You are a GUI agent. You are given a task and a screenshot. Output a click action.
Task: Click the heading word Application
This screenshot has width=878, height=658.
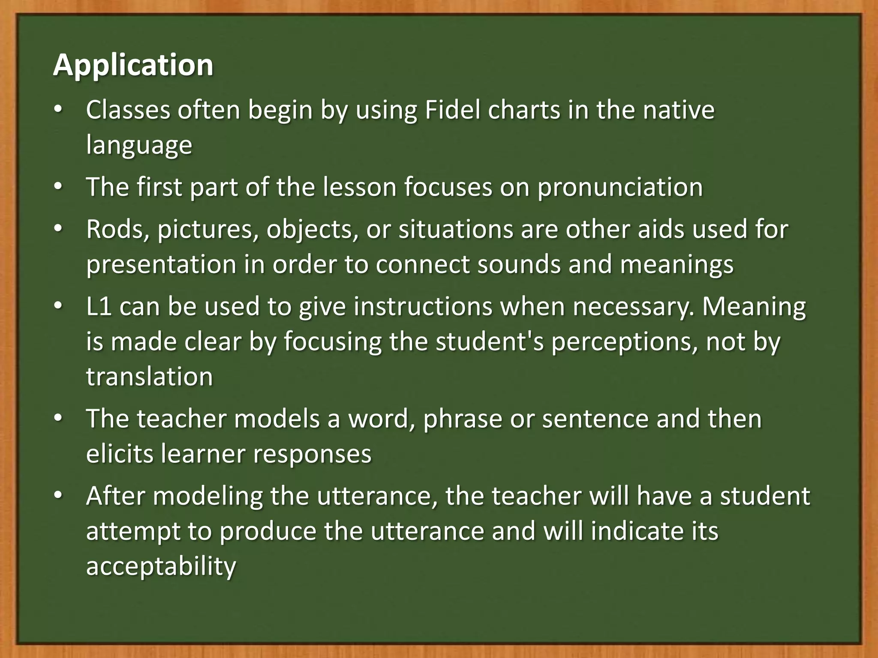click(133, 66)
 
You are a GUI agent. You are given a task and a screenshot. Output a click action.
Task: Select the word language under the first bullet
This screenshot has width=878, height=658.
click(139, 146)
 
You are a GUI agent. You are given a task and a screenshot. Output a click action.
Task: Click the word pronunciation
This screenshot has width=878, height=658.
click(620, 187)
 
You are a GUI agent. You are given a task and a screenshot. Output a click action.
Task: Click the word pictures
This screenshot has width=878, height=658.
click(208, 230)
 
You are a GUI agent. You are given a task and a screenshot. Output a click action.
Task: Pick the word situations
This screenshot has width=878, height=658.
click(456, 229)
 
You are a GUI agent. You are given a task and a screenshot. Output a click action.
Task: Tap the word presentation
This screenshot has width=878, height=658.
click(161, 264)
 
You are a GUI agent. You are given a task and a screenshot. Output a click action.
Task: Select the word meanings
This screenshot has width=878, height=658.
click(677, 265)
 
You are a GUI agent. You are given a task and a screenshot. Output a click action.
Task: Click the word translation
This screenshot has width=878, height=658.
click(149, 377)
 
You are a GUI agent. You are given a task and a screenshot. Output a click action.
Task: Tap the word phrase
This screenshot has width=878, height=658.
click(462, 419)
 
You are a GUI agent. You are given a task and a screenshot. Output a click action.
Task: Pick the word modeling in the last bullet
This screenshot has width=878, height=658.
click(207, 496)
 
